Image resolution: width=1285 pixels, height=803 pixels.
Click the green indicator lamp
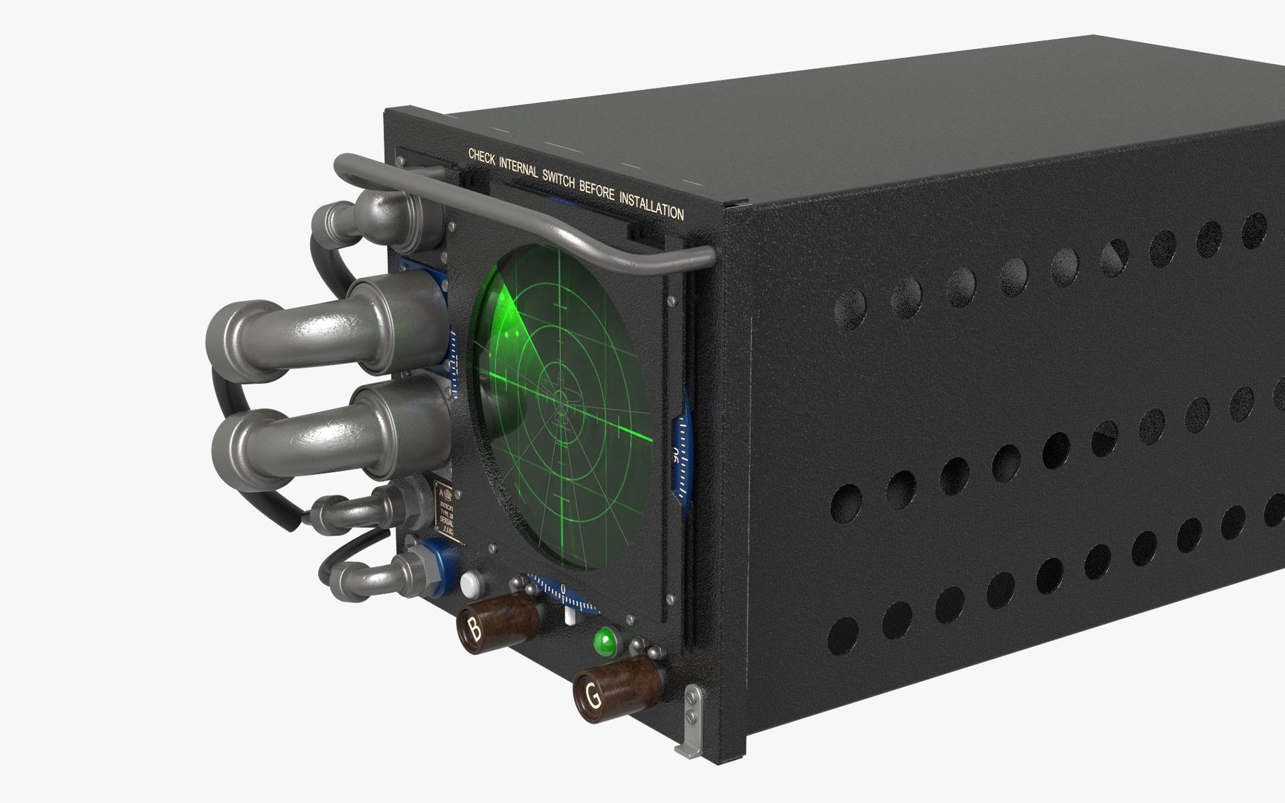[605, 640]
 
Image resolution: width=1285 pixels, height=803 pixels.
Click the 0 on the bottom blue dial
[563, 590]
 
